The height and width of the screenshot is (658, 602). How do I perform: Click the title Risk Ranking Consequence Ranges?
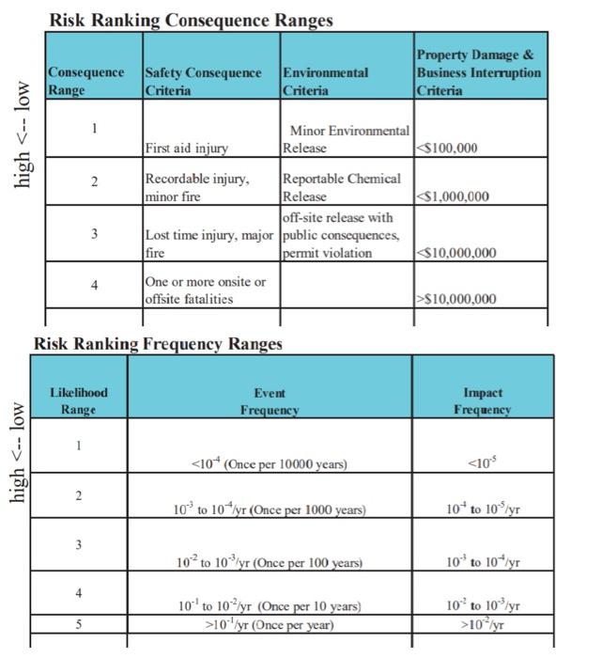click(191, 20)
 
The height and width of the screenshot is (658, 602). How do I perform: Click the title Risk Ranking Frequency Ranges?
click(158, 344)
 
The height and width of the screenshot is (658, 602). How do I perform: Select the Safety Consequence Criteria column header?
click(203, 82)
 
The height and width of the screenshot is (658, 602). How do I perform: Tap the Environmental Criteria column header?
click(325, 82)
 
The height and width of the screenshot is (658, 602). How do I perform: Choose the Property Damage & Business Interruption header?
click(478, 72)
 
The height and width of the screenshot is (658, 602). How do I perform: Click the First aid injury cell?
click(186, 149)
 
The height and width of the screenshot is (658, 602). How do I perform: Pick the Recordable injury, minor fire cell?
click(196, 187)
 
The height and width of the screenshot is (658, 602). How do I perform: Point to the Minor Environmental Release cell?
click(346, 139)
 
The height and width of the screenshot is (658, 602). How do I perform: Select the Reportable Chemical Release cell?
click(341, 187)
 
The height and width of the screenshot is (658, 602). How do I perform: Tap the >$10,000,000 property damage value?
click(455, 299)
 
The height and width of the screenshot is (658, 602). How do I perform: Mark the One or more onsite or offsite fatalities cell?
click(204, 290)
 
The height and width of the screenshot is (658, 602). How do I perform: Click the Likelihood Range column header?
click(79, 400)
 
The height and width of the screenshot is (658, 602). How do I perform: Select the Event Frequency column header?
click(270, 401)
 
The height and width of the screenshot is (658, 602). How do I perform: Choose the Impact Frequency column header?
click(483, 401)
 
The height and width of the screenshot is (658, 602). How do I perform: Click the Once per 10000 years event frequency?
click(269, 464)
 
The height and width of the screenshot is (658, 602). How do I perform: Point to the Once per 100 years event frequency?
click(269, 562)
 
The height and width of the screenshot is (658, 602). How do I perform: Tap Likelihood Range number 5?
click(79, 623)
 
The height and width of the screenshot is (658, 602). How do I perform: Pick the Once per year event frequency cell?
click(269, 624)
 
